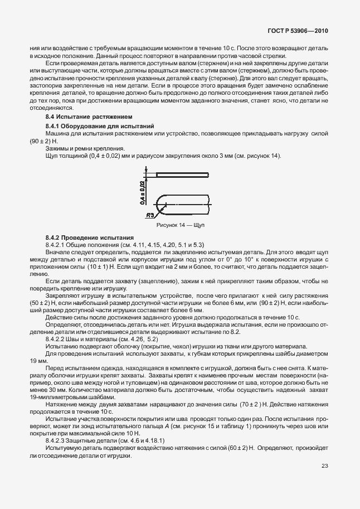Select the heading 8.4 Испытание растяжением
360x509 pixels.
[89, 118]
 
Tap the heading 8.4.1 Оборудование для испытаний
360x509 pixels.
[95, 127]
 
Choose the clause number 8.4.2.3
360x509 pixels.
[57, 440]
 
